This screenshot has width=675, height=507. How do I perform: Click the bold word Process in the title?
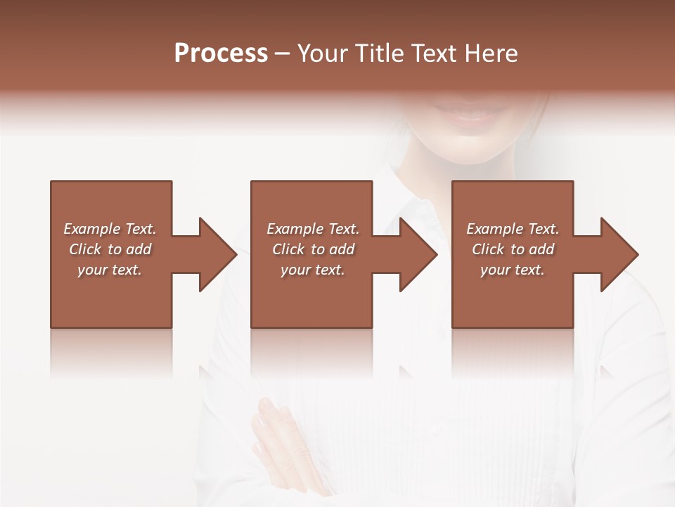tap(221, 54)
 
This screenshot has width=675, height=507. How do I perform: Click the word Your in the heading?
tap(322, 54)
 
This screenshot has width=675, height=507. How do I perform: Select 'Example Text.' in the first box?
tap(110, 229)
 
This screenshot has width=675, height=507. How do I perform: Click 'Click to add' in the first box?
tap(110, 249)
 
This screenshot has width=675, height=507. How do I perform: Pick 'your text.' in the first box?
tap(110, 270)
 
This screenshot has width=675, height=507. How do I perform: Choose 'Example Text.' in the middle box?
tap(313, 229)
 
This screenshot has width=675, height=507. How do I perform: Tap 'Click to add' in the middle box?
tap(313, 249)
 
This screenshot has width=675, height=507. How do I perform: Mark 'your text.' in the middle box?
tap(313, 270)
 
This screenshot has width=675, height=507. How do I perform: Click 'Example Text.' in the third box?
tap(513, 229)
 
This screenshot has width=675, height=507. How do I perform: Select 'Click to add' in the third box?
tap(513, 249)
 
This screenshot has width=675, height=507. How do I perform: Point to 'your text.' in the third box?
tap(513, 270)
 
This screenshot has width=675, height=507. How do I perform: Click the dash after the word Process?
tap(282, 54)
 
